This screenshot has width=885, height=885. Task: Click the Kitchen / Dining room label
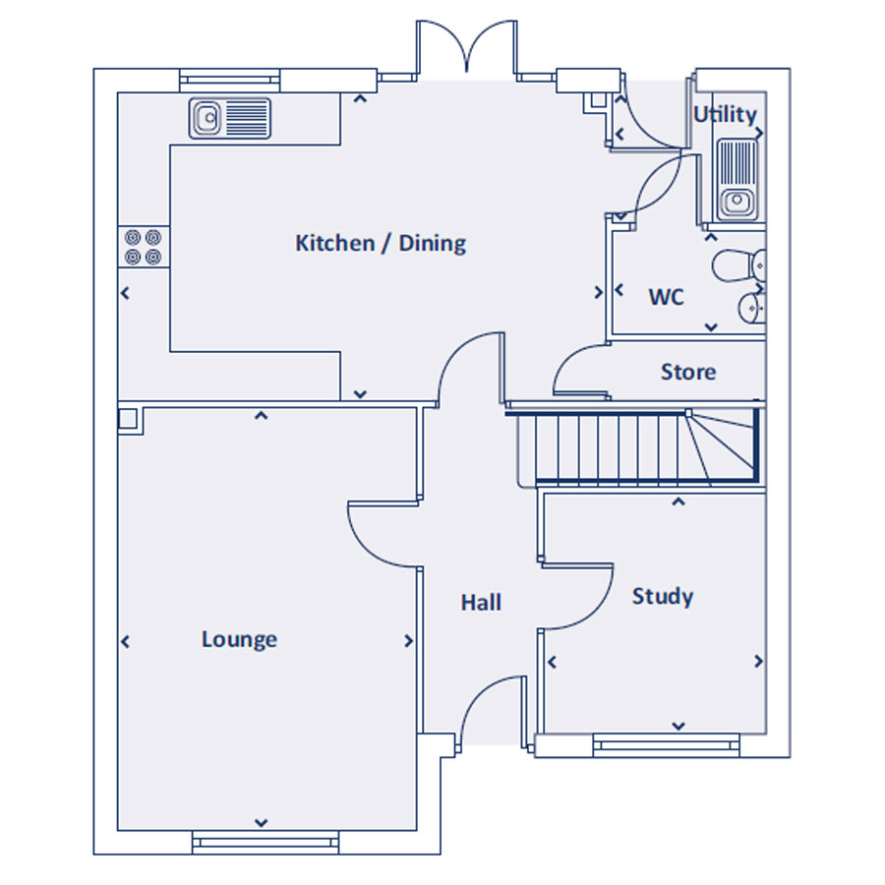coord(381,243)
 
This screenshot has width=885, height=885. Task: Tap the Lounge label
coord(239,640)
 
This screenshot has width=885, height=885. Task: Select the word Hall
coord(481,602)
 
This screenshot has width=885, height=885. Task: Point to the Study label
coord(663,597)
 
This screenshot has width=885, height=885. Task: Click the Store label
coord(688,372)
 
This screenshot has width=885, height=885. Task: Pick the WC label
coord(666,297)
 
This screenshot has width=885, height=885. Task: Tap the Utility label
coord(725,115)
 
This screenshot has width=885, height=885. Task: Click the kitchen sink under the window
coord(230,118)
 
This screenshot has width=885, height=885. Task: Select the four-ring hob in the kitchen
coord(144,247)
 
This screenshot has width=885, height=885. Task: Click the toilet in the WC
coord(739,265)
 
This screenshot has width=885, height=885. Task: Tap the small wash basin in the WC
coord(752,308)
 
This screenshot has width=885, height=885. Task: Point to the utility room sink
coord(737,180)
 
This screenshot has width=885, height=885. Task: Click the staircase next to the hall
coord(635,447)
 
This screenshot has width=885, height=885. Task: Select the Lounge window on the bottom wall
coord(265,842)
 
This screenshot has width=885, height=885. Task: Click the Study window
coord(666,745)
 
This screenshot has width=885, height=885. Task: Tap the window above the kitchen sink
coord(230,81)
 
